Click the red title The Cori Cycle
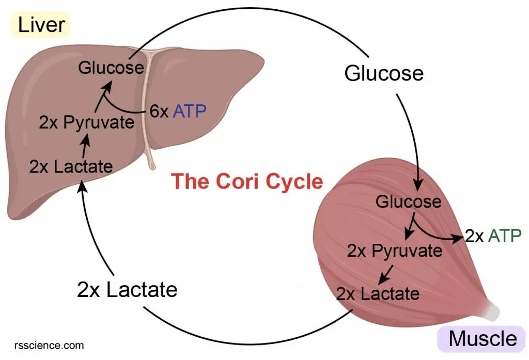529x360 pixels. pos(247,182)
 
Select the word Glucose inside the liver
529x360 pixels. pos(111,68)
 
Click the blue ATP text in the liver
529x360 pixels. pos(190,111)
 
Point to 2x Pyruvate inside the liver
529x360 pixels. pos(86,123)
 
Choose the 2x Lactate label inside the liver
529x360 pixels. pos(71,166)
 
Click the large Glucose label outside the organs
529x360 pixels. pos(384,73)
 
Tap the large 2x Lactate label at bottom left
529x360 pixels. pos(127,290)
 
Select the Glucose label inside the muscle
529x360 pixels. pos(408,201)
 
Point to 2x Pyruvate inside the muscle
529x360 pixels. pos(394,251)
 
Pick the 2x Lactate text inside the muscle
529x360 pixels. pos(378,294)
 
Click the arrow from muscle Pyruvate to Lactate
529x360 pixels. pos(385,273)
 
